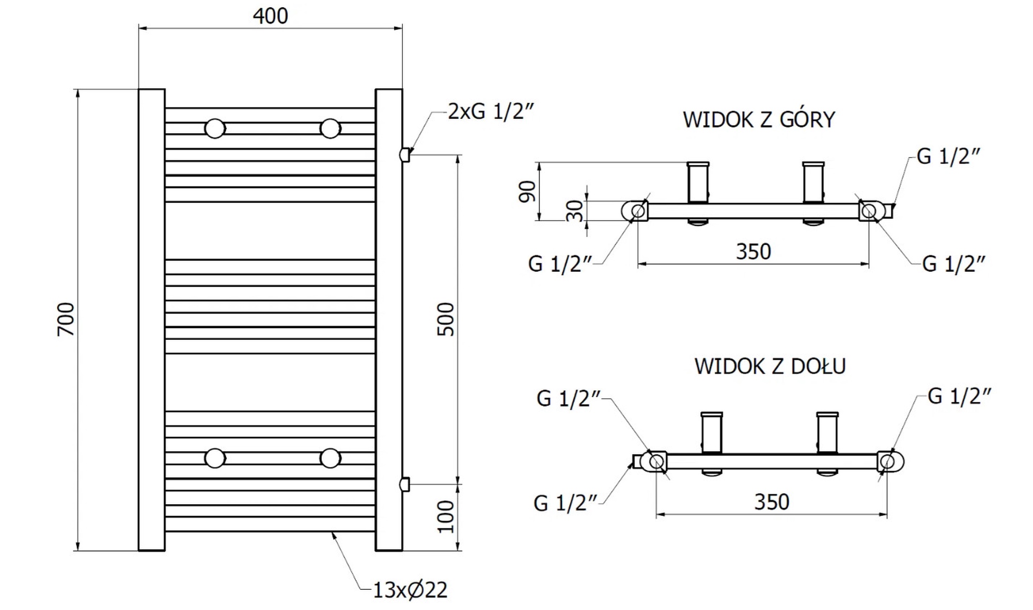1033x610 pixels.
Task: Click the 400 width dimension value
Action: tap(270, 16)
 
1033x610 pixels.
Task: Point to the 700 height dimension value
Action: tap(66, 320)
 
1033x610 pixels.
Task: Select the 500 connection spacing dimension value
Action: tap(446, 320)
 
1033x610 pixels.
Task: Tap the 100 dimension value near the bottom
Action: tap(446, 517)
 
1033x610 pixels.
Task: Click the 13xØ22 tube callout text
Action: tap(410, 590)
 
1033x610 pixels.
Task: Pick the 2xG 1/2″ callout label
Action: tap(490, 112)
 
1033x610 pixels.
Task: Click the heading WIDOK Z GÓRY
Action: tap(759, 120)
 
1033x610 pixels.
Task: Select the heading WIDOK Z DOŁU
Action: tap(770, 367)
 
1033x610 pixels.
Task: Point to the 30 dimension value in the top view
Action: tap(575, 211)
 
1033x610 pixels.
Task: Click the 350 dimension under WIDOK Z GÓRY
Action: tap(754, 252)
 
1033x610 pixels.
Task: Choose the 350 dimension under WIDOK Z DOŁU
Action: tap(772, 502)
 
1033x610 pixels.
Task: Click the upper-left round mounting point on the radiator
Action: tap(215, 129)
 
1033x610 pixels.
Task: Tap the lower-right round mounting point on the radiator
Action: tap(331, 458)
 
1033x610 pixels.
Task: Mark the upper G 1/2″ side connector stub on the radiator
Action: tap(405, 154)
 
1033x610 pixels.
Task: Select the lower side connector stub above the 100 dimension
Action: tap(405, 484)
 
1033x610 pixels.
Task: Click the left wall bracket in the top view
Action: tap(697, 183)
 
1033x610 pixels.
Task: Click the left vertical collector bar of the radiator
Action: tap(152, 320)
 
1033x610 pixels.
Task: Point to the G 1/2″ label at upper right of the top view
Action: tap(948, 157)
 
